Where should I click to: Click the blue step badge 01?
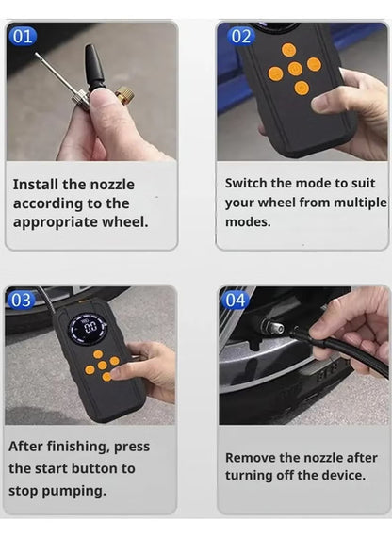click(23, 36)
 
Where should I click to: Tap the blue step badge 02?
click(241, 36)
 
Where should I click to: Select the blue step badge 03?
click(21, 300)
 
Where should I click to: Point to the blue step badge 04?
click(236, 300)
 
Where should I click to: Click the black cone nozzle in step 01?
click(94, 66)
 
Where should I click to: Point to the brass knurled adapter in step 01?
click(123, 95)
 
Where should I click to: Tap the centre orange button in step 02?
click(295, 68)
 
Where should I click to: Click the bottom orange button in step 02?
click(302, 88)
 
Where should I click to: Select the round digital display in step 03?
click(89, 329)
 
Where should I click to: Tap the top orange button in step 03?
click(98, 354)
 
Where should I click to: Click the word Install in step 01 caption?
click(35, 185)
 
